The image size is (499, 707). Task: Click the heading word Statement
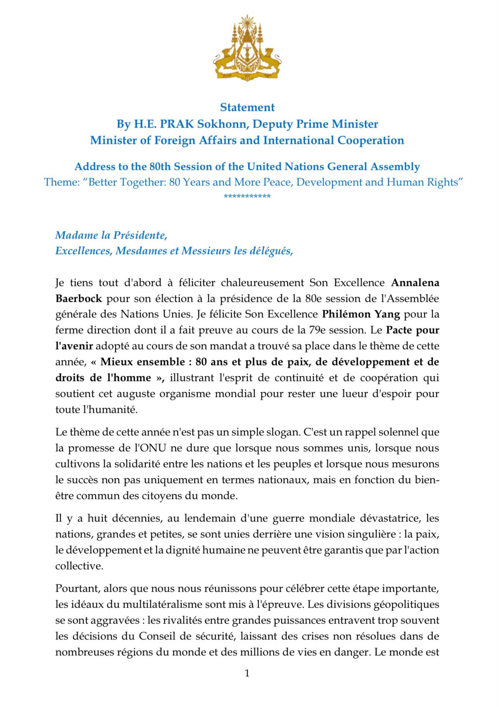click(x=247, y=107)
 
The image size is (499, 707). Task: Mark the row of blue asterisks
click(x=247, y=197)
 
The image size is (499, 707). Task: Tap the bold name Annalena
click(x=415, y=283)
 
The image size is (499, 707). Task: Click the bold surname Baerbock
click(x=79, y=299)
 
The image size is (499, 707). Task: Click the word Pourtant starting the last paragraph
click(x=77, y=589)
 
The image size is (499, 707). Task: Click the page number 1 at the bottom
click(x=247, y=673)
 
